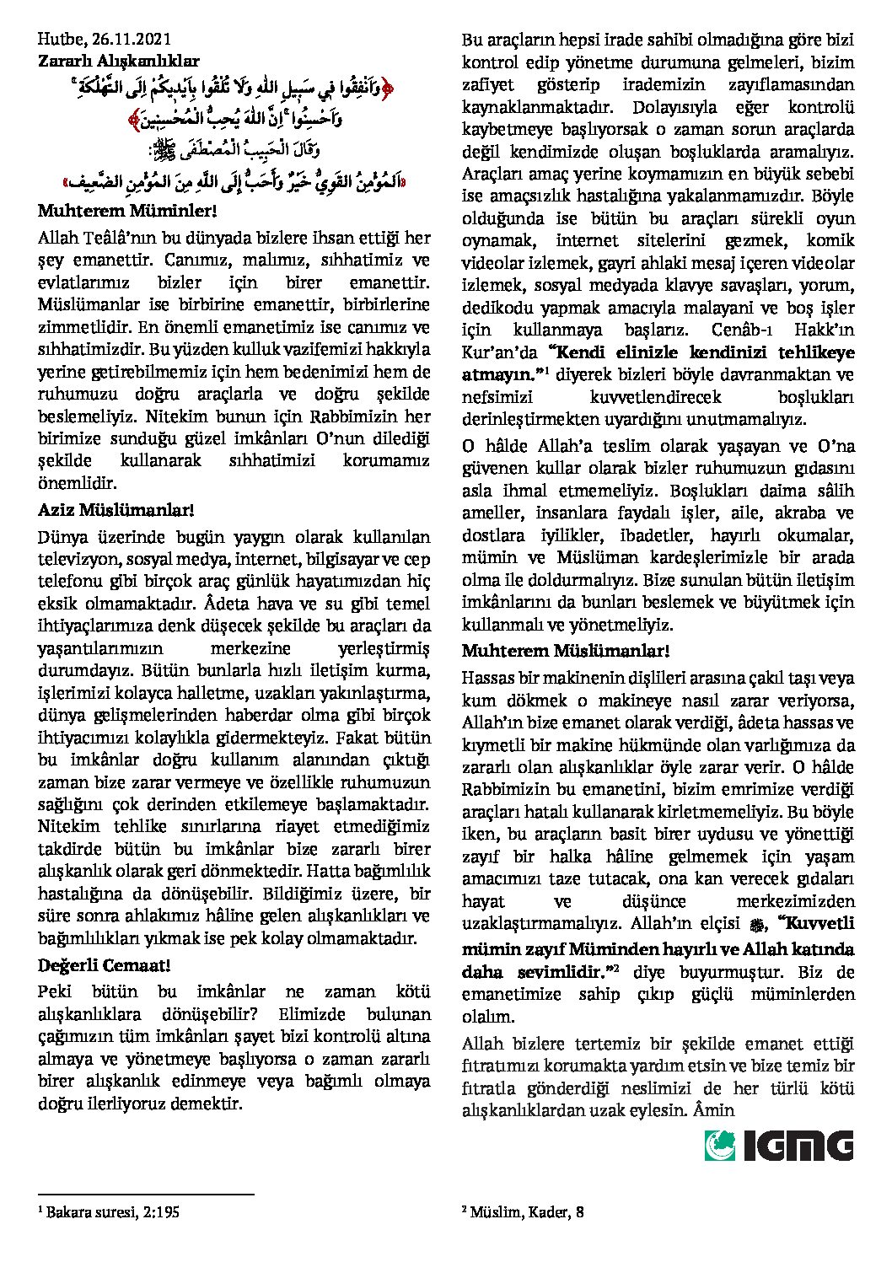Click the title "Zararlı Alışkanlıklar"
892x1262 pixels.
pyautogui.click(x=119, y=61)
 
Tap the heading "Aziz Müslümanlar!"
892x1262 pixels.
pyautogui.click(x=116, y=510)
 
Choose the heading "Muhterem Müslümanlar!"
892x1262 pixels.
pyautogui.click(x=566, y=651)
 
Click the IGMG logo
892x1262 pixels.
pyautogui.click(x=779, y=1146)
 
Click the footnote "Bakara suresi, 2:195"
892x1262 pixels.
pyautogui.click(x=112, y=1213)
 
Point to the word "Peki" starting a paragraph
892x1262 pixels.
pyautogui.click(x=56, y=992)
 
